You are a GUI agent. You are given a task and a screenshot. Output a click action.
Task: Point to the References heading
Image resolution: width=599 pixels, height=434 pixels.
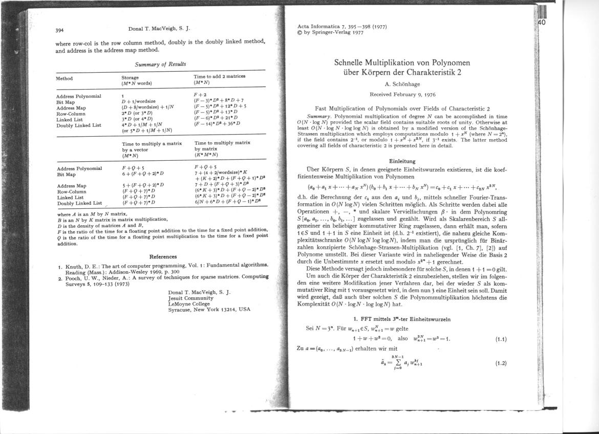click(163, 256)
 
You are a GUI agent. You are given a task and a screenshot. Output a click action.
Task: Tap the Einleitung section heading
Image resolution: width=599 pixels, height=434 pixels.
click(402, 161)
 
